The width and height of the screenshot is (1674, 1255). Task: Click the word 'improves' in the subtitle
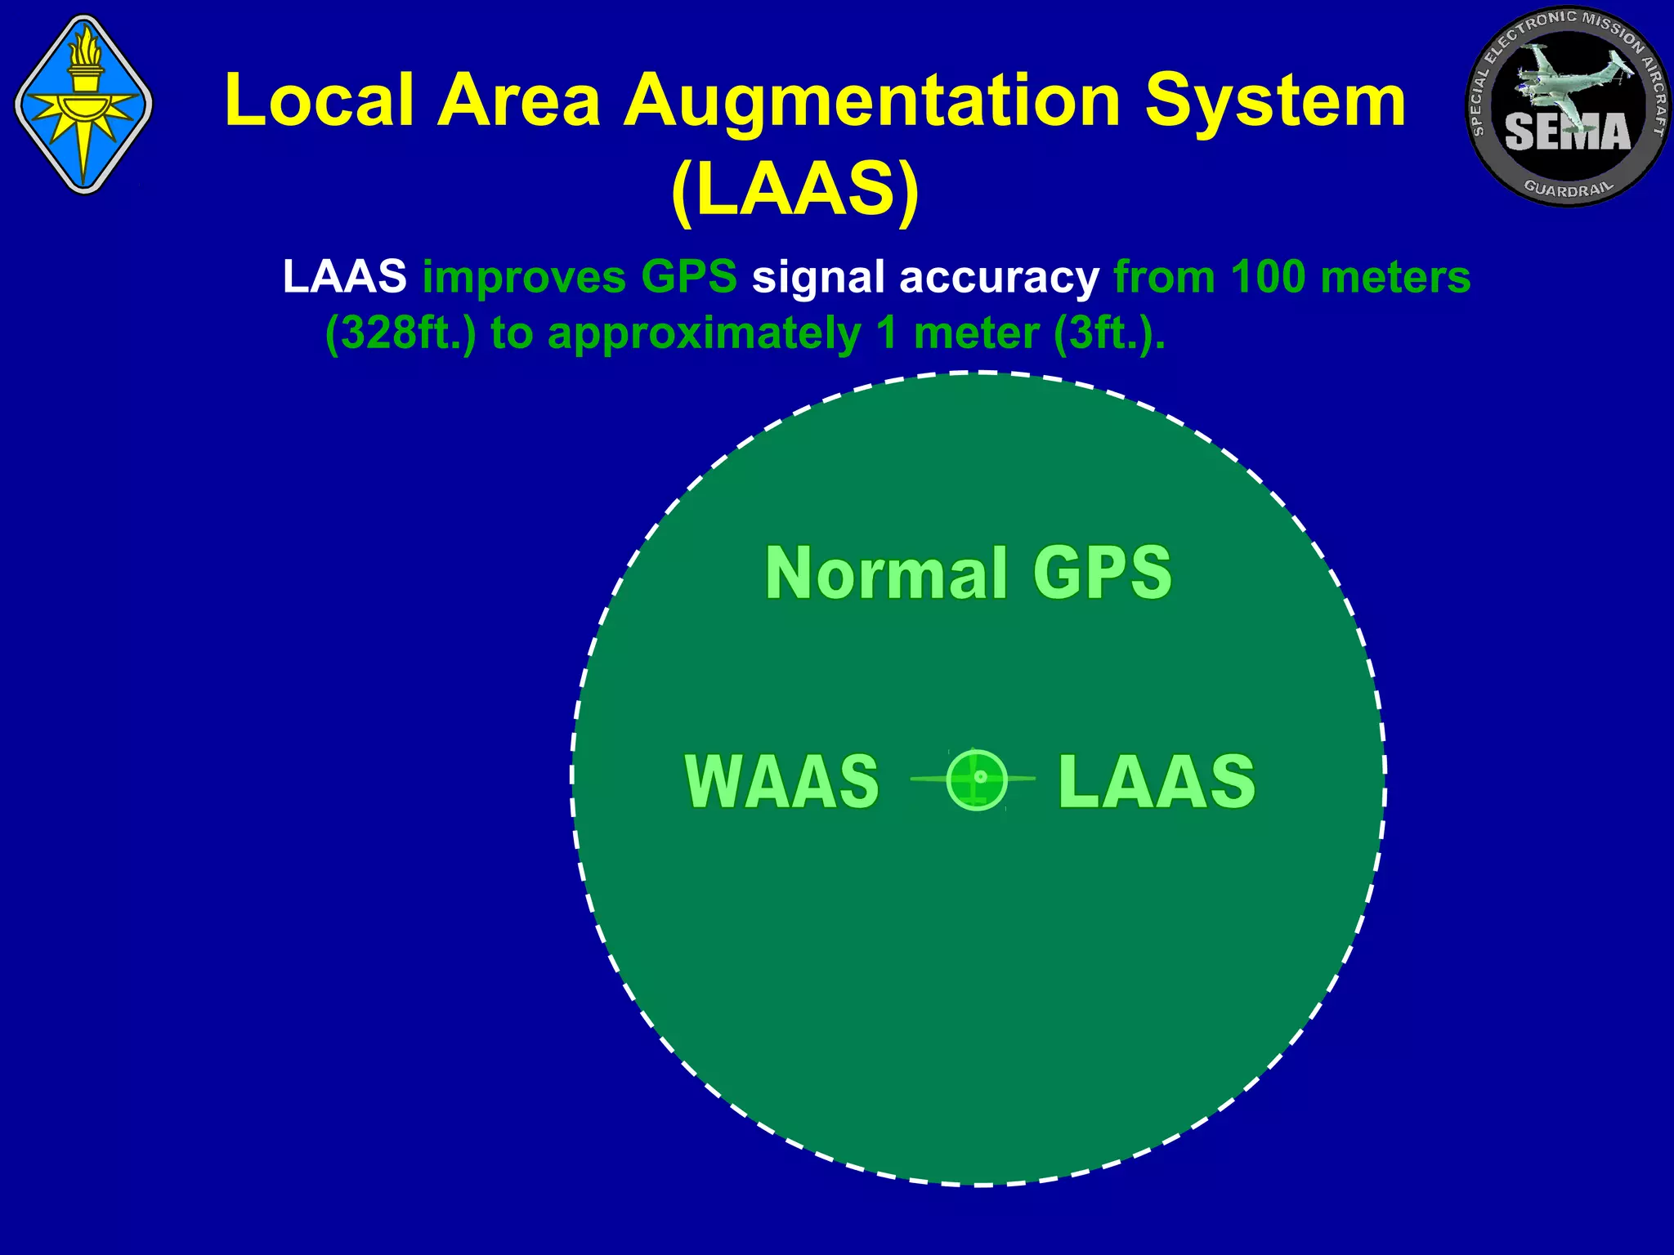(523, 278)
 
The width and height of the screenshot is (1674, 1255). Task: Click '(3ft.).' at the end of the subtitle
(1108, 333)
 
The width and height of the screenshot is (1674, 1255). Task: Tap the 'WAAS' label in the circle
(781, 781)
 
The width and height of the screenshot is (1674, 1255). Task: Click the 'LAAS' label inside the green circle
(1156, 781)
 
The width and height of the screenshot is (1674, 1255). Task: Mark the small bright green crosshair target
(977, 779)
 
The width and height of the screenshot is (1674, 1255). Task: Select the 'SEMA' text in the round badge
(1567, 132)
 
